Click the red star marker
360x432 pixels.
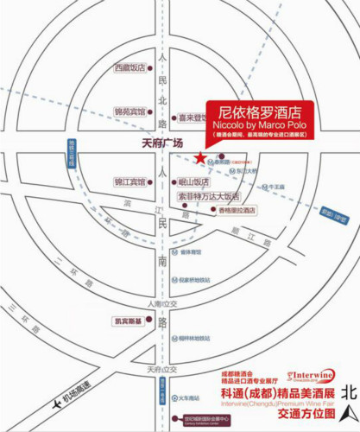click(200, 157)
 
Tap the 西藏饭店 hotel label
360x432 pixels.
click(130, 67)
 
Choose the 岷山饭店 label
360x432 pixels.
click(193, 182)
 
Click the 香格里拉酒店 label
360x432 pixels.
click(237, 210)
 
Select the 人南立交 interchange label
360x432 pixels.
click(161, 304)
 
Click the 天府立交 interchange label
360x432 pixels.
click(161, 370)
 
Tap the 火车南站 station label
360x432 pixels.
click(189, 397)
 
